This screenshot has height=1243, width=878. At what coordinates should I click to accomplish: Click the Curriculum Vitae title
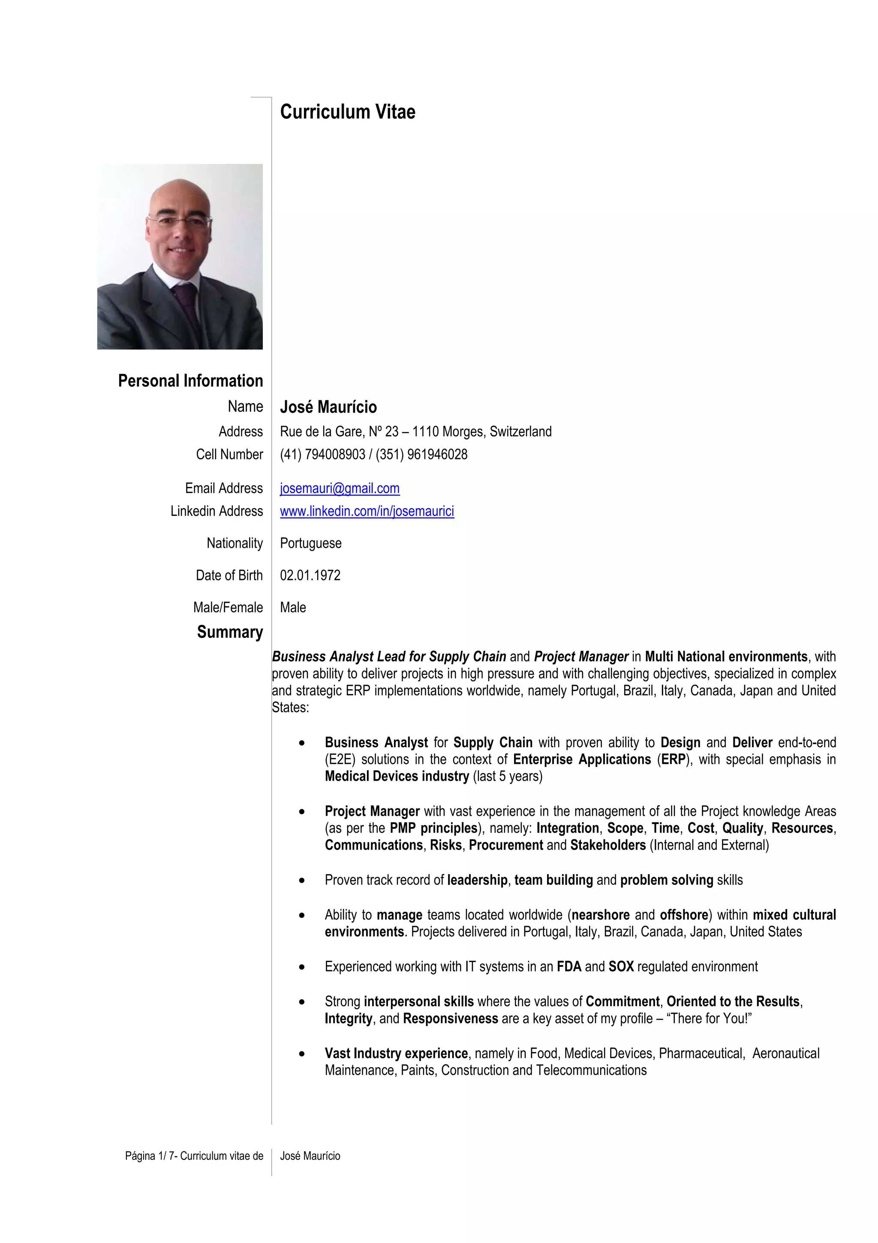(x=347, y=112)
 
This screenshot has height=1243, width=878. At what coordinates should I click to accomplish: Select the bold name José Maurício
(x=328, y=407)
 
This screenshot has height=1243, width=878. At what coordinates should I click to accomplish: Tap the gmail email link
(x=340, y=488)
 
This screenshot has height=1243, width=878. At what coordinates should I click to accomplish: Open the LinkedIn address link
(x=367, y=511)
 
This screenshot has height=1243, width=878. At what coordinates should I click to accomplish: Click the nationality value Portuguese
(x=310, y=543)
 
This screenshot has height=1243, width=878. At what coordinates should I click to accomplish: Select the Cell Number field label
(x=229, y=454)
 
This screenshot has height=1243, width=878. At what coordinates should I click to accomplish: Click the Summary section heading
(x=229, y=632)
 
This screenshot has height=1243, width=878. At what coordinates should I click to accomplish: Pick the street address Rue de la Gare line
(x=415, y=431)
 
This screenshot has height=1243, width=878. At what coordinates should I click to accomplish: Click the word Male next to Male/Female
(x=293, y=607)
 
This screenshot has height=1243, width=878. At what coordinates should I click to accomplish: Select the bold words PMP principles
(x=434, y=828)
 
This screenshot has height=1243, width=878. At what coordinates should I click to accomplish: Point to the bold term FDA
(x=569, y=966)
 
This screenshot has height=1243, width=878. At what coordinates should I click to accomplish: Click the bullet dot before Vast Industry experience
(x=302, y=1054)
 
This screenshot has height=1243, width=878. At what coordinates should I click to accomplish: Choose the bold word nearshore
(x=601, y=915)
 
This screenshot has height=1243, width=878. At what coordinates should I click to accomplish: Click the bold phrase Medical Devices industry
(x=397, y=776)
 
